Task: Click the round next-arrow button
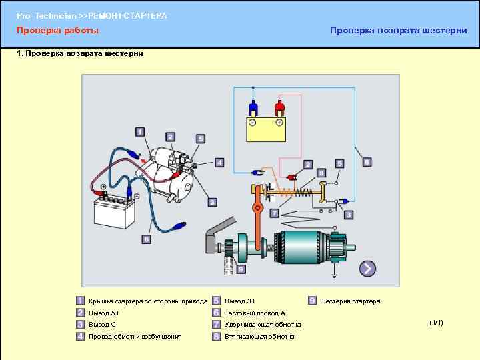[367, 269]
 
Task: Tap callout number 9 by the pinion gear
[241, 269]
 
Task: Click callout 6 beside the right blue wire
[367, 161]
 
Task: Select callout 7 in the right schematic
[274, 213]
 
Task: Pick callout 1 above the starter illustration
[139, 132]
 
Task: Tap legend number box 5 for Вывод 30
[216, 301]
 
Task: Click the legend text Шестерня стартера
[350, 301]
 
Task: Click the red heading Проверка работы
[57, 31]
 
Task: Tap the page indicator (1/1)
[436, 323]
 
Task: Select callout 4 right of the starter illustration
[219, 161]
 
